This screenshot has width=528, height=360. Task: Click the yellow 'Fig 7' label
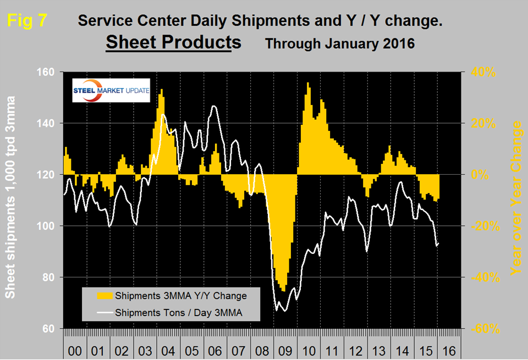tap(27, 21)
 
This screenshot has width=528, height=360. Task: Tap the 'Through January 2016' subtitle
tap(339, 43)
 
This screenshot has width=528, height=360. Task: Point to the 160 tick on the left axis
tap(49, 72)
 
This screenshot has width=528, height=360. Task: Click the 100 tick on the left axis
tap(49, 226)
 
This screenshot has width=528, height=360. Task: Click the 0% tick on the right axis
tap(481, 175)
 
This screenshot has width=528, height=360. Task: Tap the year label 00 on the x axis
tap(75, 349)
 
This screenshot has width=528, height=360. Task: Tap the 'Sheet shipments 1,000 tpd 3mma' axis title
tap(12, 197)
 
